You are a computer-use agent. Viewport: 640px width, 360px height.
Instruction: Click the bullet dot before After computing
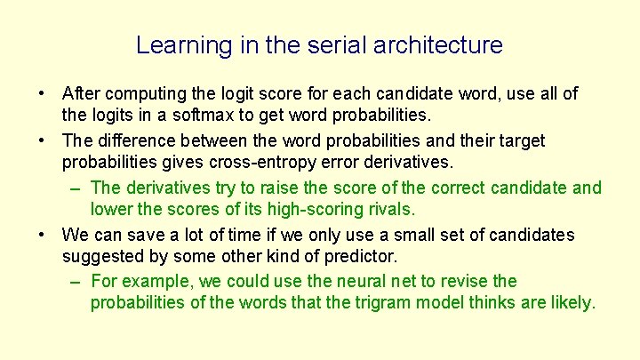pos(42,93)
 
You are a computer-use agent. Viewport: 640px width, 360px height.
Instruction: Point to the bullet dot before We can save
pos(42,235)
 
